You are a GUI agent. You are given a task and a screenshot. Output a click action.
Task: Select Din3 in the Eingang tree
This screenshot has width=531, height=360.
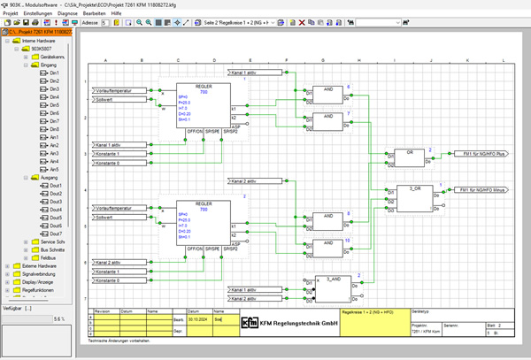tap(54, 89)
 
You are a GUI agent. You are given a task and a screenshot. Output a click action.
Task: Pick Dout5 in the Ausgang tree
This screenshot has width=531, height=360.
tap(56, 218)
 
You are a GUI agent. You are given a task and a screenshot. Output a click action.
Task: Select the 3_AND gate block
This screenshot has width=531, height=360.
tap(334, 287)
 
